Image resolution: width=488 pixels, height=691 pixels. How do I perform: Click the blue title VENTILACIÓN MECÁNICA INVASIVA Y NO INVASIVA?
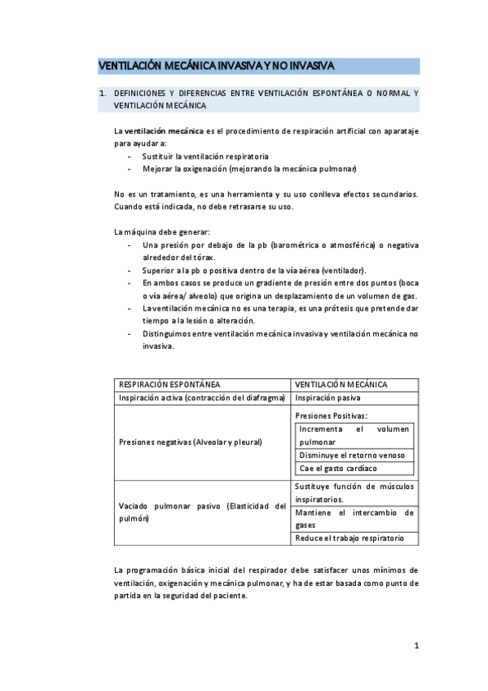coord(216,65)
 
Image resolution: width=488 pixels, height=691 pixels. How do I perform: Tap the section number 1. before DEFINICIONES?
coord(103,94)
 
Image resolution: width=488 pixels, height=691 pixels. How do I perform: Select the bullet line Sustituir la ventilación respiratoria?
coord(205,156)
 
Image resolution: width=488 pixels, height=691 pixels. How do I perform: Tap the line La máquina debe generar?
coord(161,231)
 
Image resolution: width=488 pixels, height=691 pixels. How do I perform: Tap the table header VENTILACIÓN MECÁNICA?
coord(341,385)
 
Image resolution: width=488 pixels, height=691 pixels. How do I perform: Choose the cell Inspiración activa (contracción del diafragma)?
coord(201,398)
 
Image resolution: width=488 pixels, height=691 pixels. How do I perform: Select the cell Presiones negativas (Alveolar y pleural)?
coord(191,442)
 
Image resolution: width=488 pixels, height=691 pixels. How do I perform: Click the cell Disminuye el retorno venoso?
coord(351,456)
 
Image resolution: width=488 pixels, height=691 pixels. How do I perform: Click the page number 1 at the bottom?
coord(415,646)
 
